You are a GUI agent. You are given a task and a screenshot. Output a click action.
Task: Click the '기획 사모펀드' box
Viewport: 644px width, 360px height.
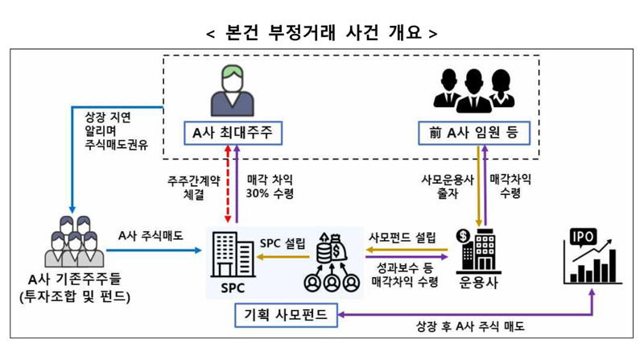coord(285,315)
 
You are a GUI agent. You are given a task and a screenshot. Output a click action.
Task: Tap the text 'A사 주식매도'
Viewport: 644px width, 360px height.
coord(150,236)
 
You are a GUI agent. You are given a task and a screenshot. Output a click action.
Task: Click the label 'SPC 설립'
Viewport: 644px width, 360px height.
coord(283,242)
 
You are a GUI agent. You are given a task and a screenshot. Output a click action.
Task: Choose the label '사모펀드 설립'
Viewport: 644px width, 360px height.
coord(402,238)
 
